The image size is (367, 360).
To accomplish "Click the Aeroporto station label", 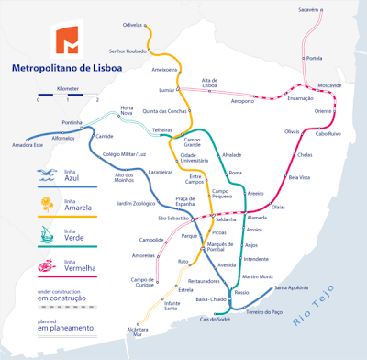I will (x=242, y=101).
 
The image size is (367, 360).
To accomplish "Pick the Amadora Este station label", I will (x=28, y=145).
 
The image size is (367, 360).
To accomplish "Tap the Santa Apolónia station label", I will (x=292, y=288).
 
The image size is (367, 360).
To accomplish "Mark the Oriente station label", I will (x=323, y=111).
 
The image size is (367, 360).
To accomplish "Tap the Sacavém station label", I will (x=308, y=9).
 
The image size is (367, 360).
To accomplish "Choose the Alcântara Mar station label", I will (x=139, y=332).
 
